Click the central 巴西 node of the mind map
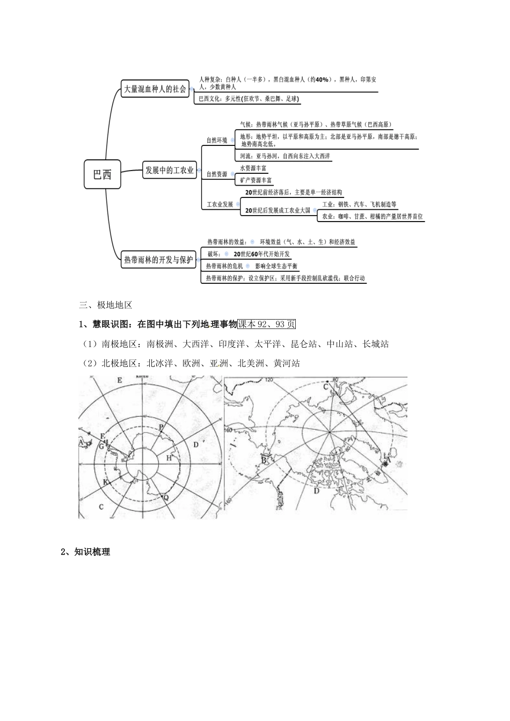[x=102, y=174]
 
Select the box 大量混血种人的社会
[x=155, y=89]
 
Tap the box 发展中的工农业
[x=169, y=171]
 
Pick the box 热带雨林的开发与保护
[x=158, y=260]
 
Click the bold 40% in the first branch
[x=322, y=79]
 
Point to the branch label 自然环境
[x=217, y=141]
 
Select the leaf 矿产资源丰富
[x=256, y=180]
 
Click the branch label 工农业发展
[x=220, y=204]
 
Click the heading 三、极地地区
[x=105, y=305]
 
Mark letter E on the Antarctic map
[x=119, y=380]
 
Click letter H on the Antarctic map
[x=169, y=458]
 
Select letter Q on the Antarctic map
[x=165, y=497]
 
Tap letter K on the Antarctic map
[x=106, y=482]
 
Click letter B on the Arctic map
[x=264, y=460]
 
